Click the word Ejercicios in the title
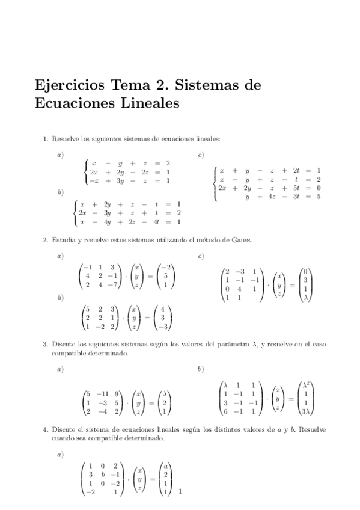(68, 86)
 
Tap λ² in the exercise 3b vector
(307, 385)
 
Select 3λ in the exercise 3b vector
(307, 412)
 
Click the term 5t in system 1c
(296, 188)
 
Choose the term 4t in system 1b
(156, 222)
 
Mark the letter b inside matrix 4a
(103, 474)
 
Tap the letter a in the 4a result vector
(165, 465)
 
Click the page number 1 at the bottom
(180, 493)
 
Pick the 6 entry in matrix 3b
(225, 412)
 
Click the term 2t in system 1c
(296, 170)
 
